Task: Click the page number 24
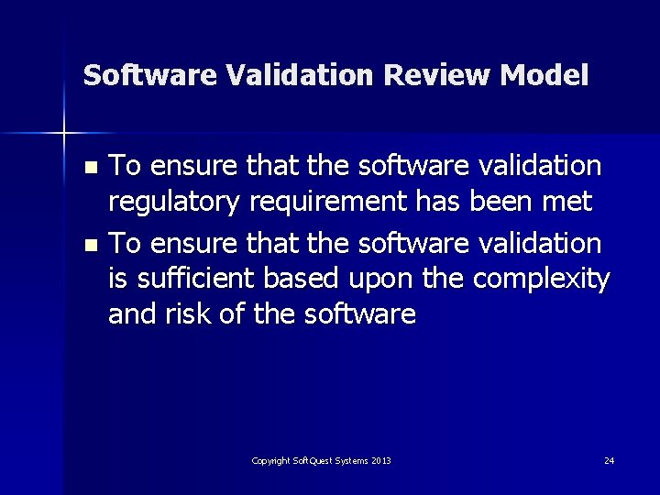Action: pos(609,460)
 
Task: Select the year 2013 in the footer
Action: pos(380,460)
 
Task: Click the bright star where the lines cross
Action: pos(64,134)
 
